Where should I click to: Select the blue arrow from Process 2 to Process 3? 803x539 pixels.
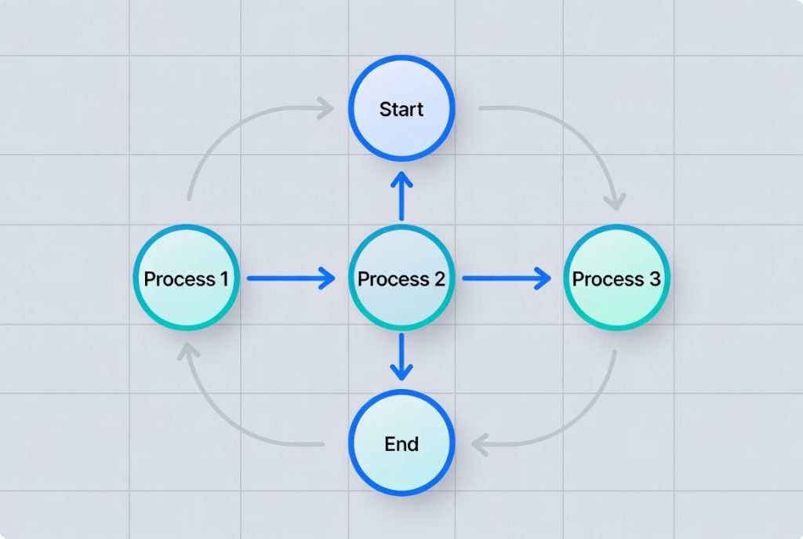(505, 279)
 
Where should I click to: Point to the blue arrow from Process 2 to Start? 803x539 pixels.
(401, 196)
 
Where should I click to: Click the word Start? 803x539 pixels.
(401, 109)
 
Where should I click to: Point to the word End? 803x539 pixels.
(401, 444)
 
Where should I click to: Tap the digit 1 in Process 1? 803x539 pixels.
(224, 279)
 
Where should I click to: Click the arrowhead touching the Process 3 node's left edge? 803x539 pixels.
(543, 279)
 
